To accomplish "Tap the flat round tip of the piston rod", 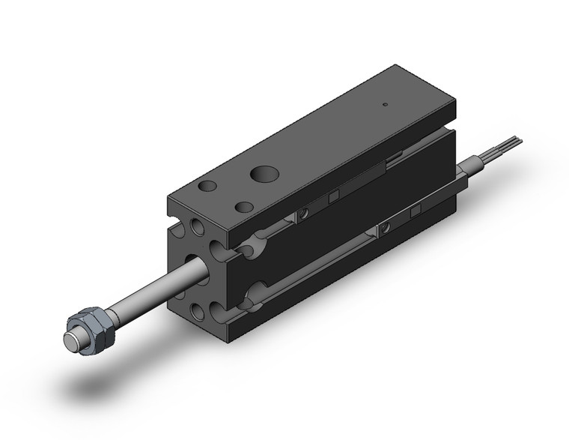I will click(73, 340).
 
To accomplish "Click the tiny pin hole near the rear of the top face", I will click(385, 104).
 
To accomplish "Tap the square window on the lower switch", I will click(416, 213).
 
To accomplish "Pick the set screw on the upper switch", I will click(304, 214).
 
